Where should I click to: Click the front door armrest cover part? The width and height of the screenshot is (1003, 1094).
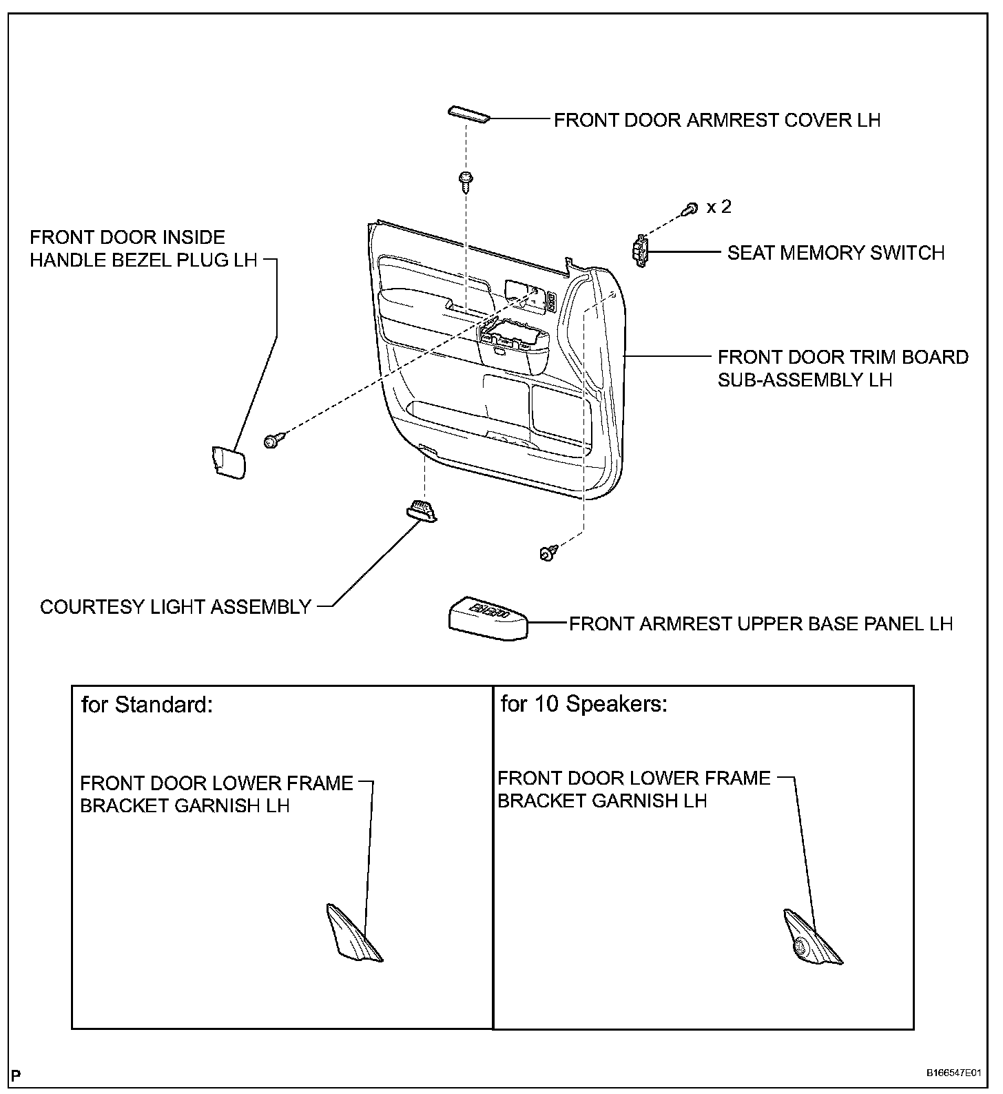(x=469, y=114)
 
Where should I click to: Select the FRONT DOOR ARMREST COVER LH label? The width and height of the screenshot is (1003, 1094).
(x=717, y=120)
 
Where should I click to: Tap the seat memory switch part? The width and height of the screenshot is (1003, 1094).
(x=641, y=251)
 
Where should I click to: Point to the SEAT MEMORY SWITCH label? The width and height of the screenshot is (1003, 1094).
(x=836, y=253)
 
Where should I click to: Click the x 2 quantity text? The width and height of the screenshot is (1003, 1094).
(x=718, y=207)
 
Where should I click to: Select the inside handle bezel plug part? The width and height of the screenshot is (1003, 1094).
(x=227, y=461)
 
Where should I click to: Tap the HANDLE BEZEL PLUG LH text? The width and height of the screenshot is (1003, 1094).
(x=143, y=260)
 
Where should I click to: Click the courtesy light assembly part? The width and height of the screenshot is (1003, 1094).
(x=421, y=510)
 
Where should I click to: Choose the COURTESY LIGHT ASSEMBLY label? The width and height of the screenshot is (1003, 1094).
(x=176, y=607)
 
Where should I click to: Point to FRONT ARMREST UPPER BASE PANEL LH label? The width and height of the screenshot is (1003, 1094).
(x=761, y=623)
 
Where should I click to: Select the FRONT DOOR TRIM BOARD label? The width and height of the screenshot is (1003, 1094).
(x=842, y=358)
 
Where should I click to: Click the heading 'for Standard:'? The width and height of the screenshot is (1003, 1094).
(x=147, y=705)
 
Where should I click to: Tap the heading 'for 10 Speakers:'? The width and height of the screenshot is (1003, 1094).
(x=583, y=704)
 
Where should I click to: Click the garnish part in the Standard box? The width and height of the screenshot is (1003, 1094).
(x=352, y=933)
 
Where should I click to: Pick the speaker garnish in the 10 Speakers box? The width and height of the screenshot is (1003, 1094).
(x=811, y=940)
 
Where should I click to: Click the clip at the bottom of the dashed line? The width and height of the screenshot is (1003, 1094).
(x=548, y=553)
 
